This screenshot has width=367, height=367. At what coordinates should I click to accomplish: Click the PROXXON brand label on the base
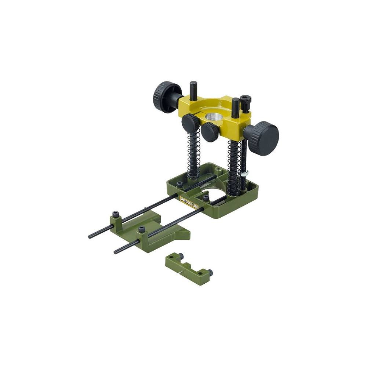coord(189,203)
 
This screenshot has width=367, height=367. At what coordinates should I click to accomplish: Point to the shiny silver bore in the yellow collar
coord(214,117)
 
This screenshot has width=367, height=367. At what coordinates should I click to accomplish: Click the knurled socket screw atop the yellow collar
coord(245,102)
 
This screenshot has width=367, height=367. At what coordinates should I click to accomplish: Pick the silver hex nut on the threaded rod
coord(244,174)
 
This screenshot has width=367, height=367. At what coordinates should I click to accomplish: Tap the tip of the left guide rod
coord(90,237)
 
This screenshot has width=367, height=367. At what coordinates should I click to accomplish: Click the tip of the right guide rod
coord(115,252)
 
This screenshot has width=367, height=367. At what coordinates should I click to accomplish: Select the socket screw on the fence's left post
coord(115,214)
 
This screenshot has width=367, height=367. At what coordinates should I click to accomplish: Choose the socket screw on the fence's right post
coord(142,230)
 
